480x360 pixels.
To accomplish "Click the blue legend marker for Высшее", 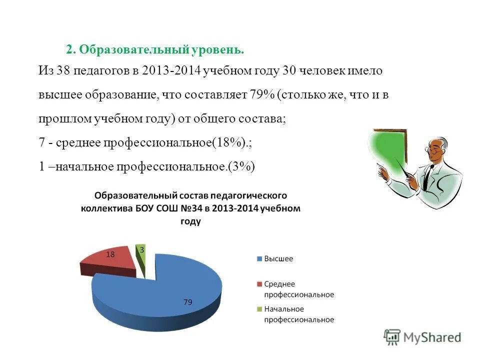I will coord(259,259).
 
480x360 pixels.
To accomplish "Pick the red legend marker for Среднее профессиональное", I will coord(259,284).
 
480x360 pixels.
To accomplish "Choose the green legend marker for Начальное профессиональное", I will coord(259,309).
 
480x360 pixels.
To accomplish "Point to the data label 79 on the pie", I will coord(188,302).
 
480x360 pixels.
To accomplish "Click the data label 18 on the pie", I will coord(110,254).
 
